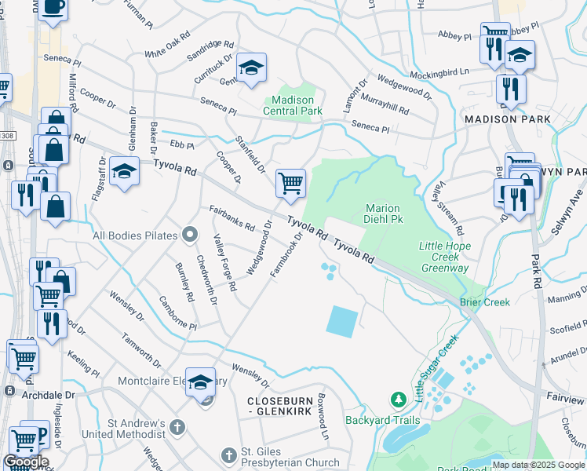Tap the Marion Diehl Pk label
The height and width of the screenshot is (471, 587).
(x=384, y=214)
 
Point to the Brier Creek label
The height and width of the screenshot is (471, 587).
(x=486, y=302)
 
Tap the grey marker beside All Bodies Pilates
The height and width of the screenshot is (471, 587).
(x=188, y=235)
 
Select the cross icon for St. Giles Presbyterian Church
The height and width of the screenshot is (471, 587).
(x=228, y=455)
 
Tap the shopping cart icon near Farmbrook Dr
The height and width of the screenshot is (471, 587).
(x=290, y=183)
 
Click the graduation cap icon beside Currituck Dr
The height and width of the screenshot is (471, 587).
(x=251, y=68)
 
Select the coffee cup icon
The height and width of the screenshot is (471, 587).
(x=53, y=6)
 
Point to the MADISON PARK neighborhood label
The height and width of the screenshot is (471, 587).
(x=507, y=119)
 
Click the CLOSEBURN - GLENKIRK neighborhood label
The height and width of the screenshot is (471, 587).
(x=286, y=400)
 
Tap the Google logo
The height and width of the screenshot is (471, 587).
(x=26, y=462)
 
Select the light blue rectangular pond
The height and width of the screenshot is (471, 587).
(x=342, y=321)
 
